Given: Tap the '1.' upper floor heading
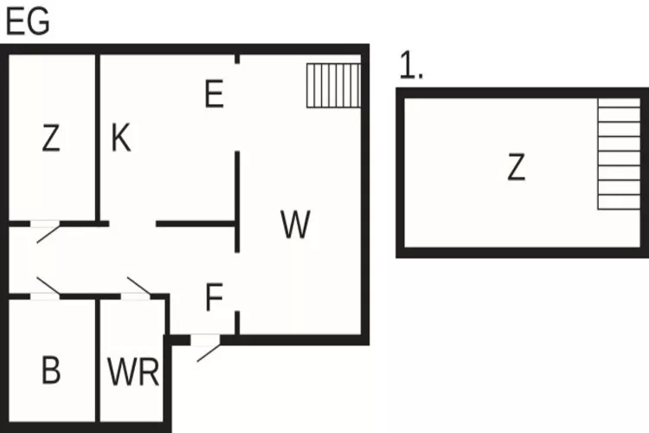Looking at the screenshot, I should (411, 67).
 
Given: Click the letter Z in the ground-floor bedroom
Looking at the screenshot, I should (51, 139).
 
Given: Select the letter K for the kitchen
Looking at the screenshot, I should (121, 138).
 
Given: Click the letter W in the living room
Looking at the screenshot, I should (296, 225).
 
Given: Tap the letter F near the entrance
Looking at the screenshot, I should (215, 299).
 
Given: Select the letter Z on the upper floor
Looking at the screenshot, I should (516, 167).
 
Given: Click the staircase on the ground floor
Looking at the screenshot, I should (333, 85).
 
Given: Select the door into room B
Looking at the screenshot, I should (47, 288).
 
